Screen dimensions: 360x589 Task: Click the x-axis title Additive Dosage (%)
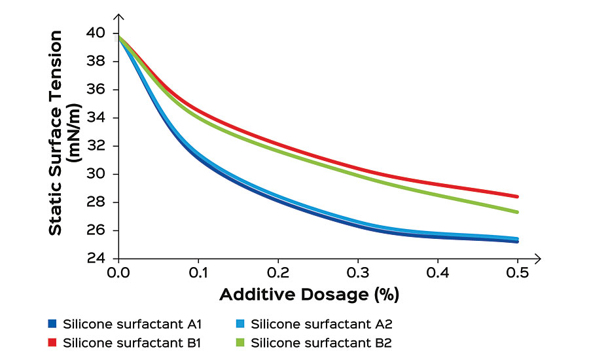coord(309,295)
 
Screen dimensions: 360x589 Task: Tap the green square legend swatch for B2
coord(241,342)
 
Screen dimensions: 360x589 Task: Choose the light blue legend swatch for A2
coord(241,323)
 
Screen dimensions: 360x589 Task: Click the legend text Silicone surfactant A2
coord(321,323)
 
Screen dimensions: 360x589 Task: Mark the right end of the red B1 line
coord(518,196)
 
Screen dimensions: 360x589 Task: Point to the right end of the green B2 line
coord(518,212)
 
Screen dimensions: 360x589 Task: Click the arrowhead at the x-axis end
coord(538,259)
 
